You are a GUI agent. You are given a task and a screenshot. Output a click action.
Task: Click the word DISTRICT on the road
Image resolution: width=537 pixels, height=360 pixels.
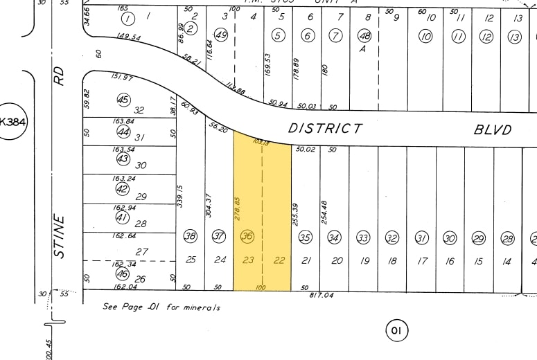tap(325, 128)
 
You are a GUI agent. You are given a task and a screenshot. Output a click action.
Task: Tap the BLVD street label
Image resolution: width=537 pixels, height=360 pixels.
tap(493, 129)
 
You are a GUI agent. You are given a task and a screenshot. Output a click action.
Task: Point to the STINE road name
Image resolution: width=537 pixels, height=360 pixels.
tap(59, 237)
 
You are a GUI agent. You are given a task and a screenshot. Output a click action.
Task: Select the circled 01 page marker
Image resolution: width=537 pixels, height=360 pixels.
tap(396, 330)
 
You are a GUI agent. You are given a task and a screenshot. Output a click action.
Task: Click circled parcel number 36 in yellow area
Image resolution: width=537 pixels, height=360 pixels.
tap(247, 237)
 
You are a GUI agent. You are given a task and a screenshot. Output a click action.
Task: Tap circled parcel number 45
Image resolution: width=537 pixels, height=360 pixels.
tap(123, 100)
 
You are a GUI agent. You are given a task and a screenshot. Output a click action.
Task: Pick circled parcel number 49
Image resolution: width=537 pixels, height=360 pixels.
tap(222, 35)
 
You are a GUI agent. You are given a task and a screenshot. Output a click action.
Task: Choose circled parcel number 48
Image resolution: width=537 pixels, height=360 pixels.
tap(364, 35)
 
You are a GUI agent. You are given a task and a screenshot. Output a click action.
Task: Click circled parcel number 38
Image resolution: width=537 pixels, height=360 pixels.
tap(190, 237)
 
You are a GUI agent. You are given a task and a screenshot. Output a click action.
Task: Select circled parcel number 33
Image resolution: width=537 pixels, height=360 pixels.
tap(363, 238)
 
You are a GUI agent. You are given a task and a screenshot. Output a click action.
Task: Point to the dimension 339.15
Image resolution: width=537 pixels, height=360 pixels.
tap(179, 196)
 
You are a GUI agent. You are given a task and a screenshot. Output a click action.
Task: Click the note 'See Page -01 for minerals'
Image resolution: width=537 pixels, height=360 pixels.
tap(161, 306)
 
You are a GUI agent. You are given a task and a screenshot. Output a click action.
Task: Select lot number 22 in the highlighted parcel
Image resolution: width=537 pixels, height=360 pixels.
tap(279, 260)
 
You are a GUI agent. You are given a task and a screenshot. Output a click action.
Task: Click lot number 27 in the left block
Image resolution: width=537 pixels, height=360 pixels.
tap(142, 252)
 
